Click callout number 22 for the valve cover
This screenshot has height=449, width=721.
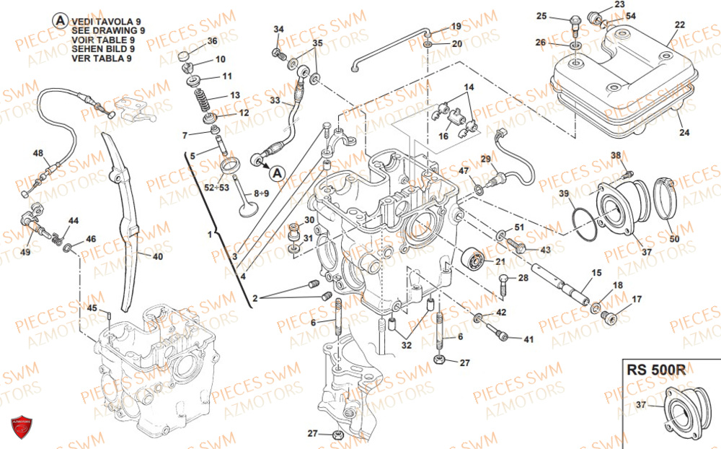(680, 25)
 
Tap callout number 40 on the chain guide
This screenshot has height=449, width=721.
(158, 256)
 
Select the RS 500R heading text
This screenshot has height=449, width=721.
(656, 370)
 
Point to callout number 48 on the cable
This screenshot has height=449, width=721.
(38, 153)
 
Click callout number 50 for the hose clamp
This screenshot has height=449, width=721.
(674, 238)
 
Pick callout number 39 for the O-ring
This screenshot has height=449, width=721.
(564, 193)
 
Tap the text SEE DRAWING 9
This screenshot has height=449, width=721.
(109, 31)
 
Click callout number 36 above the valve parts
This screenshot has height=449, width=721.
(212, 40)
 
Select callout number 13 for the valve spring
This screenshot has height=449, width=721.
(235, 95)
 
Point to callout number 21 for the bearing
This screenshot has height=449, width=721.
(500, 261)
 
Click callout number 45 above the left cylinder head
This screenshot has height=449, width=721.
(92, 308)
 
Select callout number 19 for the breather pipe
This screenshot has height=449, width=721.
(456, 27)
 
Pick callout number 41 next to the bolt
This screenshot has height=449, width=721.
(528, 339)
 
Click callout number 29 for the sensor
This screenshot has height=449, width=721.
(485, 158)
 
